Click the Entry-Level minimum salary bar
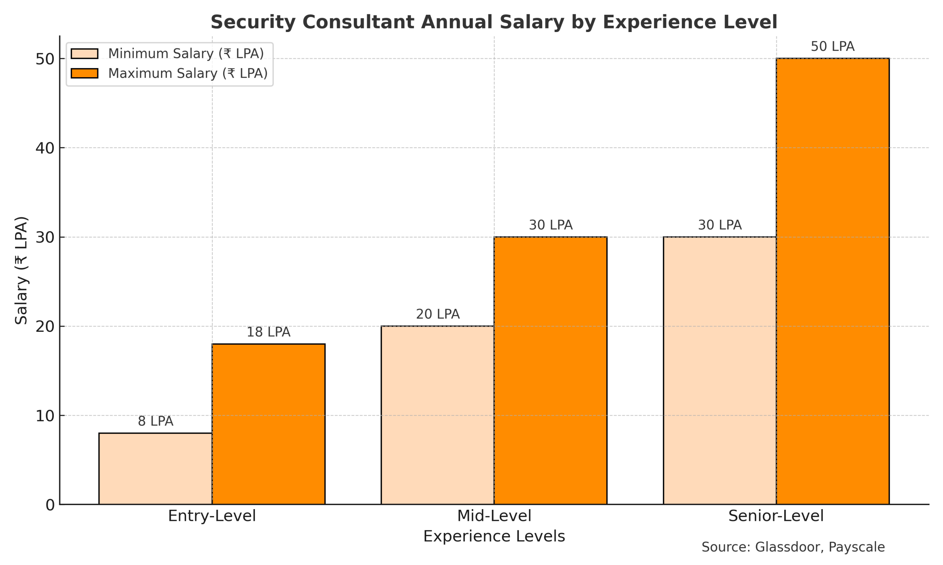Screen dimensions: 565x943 (x=155, y=469)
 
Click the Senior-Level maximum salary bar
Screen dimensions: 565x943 (x=832, y=281)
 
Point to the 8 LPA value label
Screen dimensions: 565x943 (x=155, y=421)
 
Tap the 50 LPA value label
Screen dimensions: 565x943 (x=832, y=46)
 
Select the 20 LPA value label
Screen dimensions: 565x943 (x=438, y=314)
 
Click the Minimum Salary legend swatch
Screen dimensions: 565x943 (x=84, y=54)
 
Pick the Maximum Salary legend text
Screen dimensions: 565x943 (x=188, y=73)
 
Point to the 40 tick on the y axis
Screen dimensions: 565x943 (x=45, y=148)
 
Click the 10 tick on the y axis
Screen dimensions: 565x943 (x=45, y=416)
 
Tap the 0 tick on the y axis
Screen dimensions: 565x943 (x=50, y=505)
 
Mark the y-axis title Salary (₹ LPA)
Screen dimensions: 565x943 (x=21, y=270)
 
